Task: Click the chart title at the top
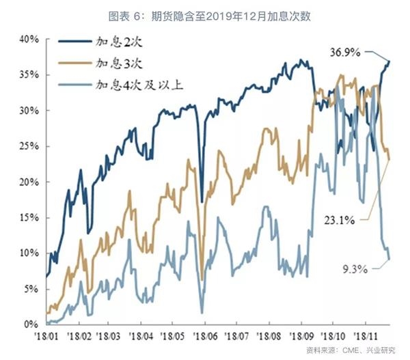tap(204, 14)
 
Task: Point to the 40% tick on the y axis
tap(27, 40)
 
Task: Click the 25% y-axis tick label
tap(27, 147)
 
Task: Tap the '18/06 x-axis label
tap(205, 337)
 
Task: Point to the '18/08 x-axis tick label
tap(269, 337)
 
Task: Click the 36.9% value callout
tap(345, 52)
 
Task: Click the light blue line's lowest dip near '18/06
tap(202, 312)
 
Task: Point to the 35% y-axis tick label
tap(27, 75)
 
